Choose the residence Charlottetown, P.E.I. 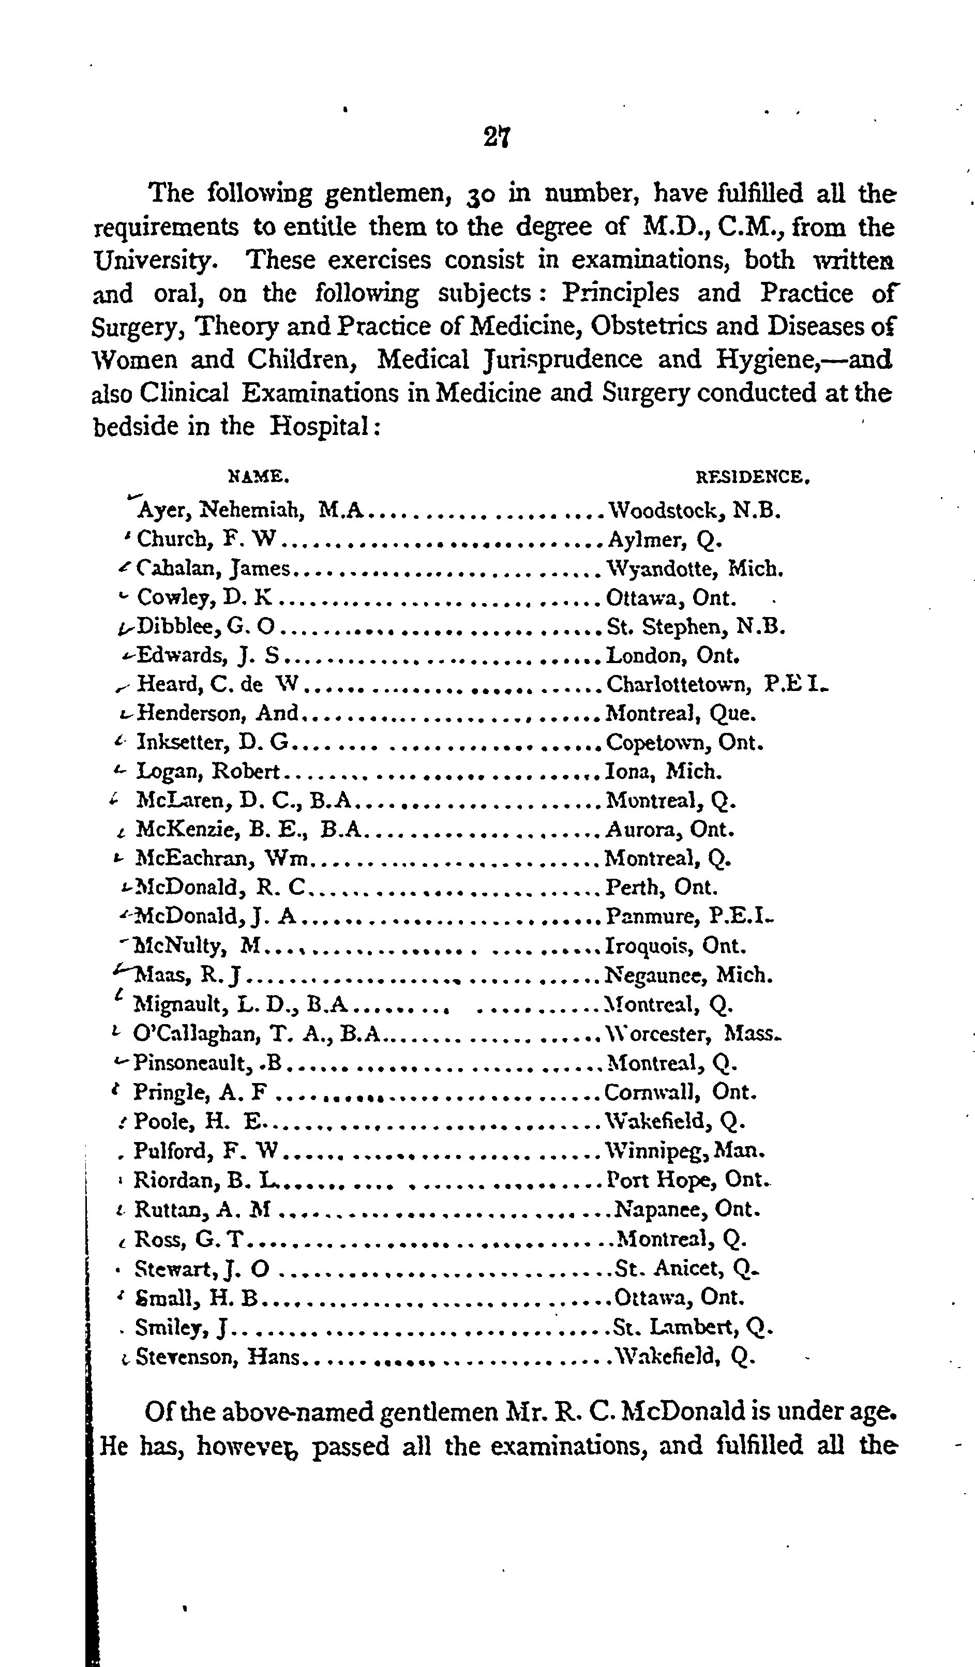click(717, 684)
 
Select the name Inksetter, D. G click(213, 742)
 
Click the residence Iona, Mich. click(664, 771)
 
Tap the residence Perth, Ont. click(662, 887)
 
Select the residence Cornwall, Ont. click(680, 1091)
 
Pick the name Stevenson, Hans click(218, 1357)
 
